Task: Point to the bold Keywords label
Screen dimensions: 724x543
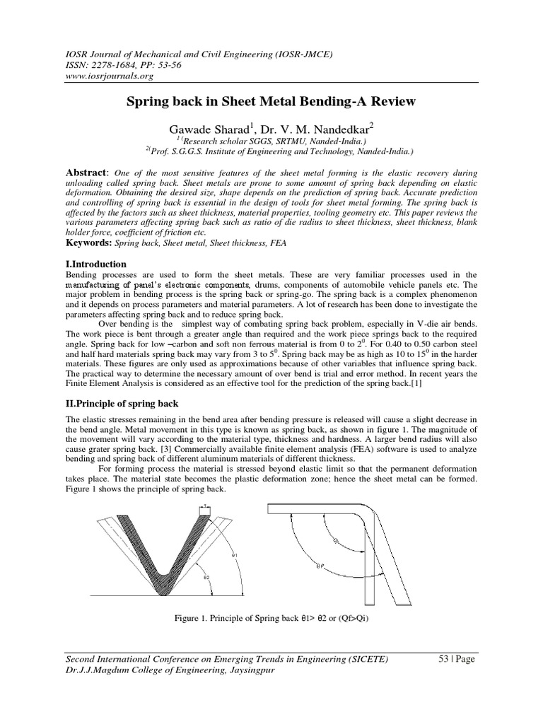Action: pos(90,243)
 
